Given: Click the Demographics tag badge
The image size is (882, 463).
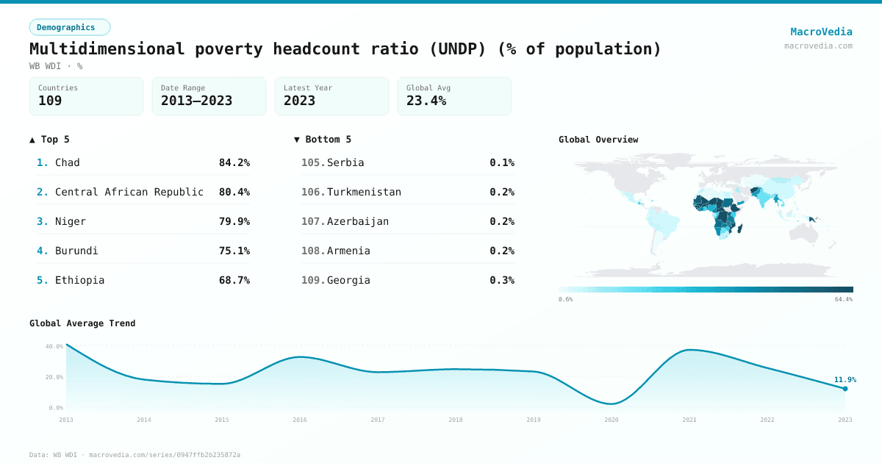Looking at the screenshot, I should point(69,27).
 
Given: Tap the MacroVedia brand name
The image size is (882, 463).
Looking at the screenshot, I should point(821,32).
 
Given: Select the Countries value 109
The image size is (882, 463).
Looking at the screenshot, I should point(50,101).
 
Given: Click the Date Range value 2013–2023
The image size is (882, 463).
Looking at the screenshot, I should point(196,101).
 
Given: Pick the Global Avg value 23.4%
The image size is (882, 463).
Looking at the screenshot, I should point(426,101).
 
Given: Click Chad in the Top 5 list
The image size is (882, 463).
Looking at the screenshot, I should point(68,162).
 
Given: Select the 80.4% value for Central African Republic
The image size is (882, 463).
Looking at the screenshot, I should point(234,192).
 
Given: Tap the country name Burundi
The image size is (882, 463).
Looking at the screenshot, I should point(76,251).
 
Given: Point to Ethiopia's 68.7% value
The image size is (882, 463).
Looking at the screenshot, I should point(234,280).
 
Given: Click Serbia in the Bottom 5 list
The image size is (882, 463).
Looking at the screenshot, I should point(345,162).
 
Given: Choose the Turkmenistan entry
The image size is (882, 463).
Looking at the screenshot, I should point(364,192).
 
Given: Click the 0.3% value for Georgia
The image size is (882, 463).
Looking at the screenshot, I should point(502,280).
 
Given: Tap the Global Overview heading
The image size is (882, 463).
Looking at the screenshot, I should point(598,140).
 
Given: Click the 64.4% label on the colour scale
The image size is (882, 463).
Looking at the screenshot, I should point(844,299).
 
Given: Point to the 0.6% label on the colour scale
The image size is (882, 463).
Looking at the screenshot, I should point(565,299).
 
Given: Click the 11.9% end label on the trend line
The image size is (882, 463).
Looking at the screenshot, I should point(845,379).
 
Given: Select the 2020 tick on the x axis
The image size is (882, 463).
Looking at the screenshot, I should point(612,420).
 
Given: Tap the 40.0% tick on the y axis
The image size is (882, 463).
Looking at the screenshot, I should point(54,346).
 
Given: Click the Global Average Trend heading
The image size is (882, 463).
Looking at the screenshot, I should point(82,323).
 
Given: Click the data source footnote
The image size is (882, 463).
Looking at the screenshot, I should point(135,455).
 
